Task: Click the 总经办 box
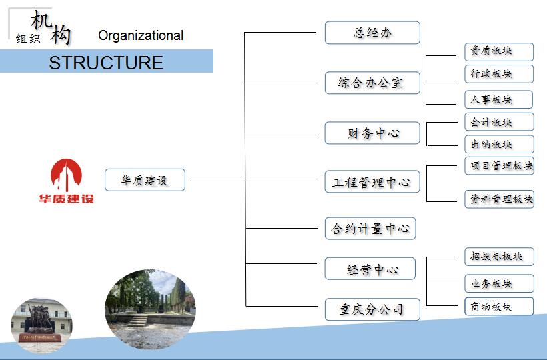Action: click(x=372, y=33)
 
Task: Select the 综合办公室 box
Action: click(x=372, y=83)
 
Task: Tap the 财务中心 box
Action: click(x=372, y=133)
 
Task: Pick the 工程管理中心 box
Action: click(x=372, y=182)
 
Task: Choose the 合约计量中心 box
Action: click(x=370, y=229)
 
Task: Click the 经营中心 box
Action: click(x=370, y=269)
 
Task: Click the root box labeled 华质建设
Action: click(x=145, y=180)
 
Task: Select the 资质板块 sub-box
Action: click(x=490, y=51)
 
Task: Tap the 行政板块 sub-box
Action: click(x=490, y=73)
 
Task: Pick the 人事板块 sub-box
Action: click(x=490, y=99)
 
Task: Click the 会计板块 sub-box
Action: click(x=490, y=122)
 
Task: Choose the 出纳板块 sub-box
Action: click(x=490, y=144)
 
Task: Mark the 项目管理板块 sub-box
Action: click(x=500, y=165)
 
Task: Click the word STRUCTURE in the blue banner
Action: click(x=105, y=63)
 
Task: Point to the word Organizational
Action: click(x=141, y=35)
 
